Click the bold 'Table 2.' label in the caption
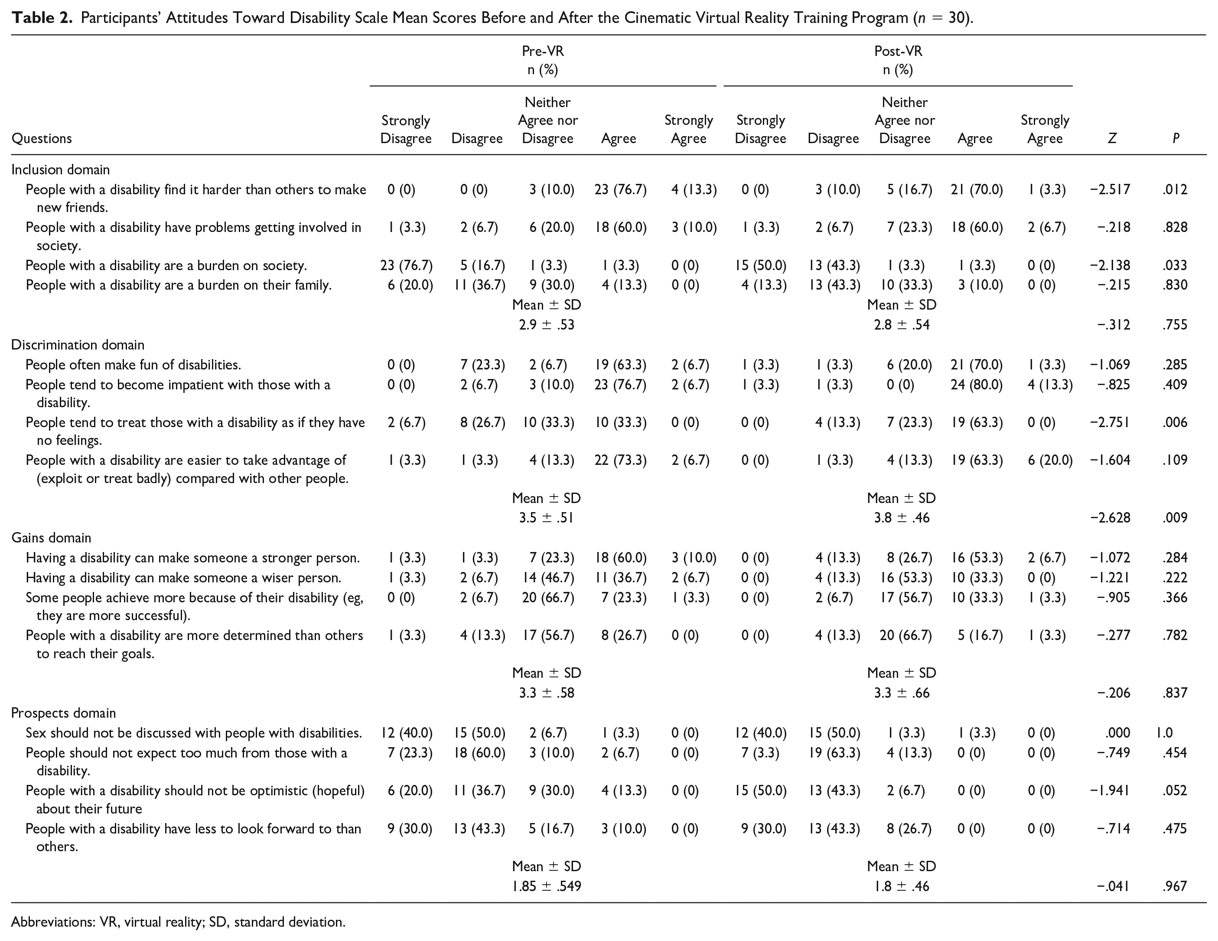(42, 18)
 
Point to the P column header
(1176, 138)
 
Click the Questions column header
(42, 139)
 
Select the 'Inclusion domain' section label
(60, 170)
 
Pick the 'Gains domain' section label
(51, 538)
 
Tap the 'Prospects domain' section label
(64, 713)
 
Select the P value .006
(1175, 422)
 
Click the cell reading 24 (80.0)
(977, 385)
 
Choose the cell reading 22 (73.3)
(620, 460)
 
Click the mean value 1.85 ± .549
(547, 886)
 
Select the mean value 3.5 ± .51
(547, 518)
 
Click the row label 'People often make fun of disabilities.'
(134, 365)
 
